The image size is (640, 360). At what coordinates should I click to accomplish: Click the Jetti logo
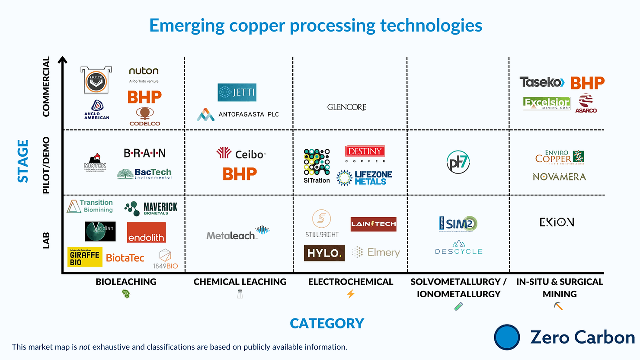[x=237, y=92]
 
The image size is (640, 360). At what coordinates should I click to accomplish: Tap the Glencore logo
[x=346, y=107]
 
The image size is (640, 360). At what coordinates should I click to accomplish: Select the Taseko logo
[x=542, y=82]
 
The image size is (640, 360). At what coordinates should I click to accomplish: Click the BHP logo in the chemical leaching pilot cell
[x=240, y=174]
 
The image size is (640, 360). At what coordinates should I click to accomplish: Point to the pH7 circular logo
[x=458, y=162]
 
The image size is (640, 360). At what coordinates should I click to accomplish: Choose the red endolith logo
[x=146, y=232]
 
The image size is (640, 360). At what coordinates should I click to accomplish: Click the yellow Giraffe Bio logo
[x=85, y=257]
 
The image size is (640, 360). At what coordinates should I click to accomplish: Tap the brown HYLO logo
[x=324, y=253]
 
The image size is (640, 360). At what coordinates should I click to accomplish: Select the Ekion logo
[x=557, y=222]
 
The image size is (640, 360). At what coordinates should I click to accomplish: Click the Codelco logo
[x=145, y=117]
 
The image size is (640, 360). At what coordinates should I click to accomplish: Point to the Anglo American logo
[x=97, y=110]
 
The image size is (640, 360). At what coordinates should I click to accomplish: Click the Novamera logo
[x=559, y=177]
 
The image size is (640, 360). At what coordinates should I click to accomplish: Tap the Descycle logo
[x=458, y=248]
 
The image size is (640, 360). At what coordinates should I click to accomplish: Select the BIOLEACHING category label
[x=126, y=282]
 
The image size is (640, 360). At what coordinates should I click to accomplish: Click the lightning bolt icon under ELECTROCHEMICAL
[x=351, y=294]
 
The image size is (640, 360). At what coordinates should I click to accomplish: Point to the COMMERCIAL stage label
[x=46, y=87]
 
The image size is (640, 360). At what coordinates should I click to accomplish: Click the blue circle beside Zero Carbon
[x=507, y=337]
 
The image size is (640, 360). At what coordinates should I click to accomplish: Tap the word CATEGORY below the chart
[x=327, y=323]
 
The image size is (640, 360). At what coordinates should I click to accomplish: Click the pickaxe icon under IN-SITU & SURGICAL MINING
[x=558, y=306]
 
